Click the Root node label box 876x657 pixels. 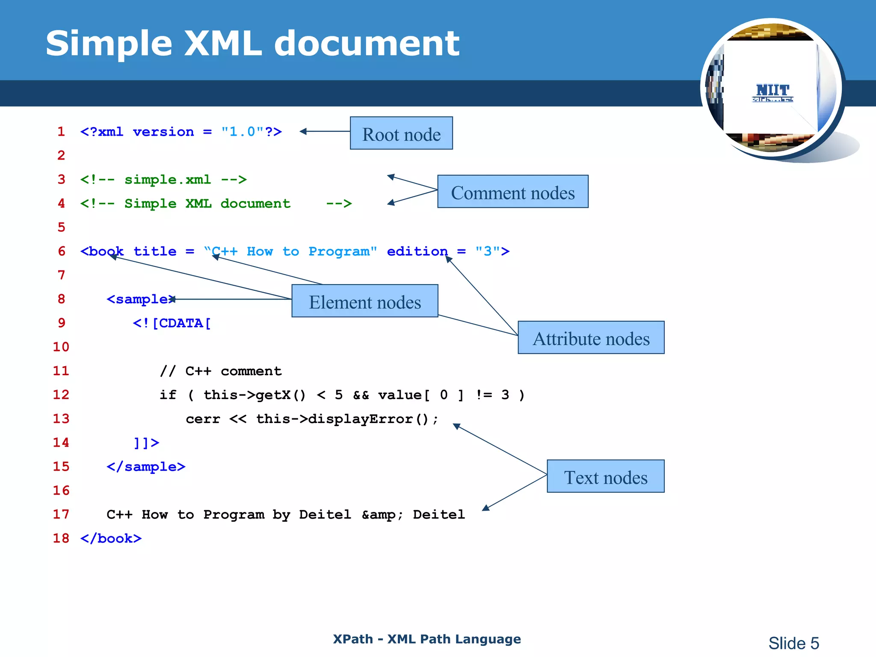[x=401, y=133]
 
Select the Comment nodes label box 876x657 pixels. [x=512, y=192]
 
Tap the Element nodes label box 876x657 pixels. [x=364, y=301]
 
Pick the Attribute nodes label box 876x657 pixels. [x=591, y=338]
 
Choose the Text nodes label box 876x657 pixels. [x=605, y=476]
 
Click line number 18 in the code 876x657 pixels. [x=61, y=538]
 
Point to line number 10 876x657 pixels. [x=61, y=346]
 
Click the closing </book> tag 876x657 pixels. [x=111, y=538]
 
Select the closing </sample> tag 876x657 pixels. [x=146, y=466]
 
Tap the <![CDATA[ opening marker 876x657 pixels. [x=172, y=323]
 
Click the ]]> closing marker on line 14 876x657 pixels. [x=146, y=442]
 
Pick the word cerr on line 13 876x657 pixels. [x=203, y=419]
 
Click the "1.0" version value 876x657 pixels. [x=242, y=131]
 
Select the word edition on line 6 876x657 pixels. [x=417, y=251]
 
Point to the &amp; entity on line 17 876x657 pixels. [x=382, y=514]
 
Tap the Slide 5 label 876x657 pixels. [x=793, y=643]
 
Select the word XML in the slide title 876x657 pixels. [x=223, y=43]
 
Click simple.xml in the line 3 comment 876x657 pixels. [x=168, y=179]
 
